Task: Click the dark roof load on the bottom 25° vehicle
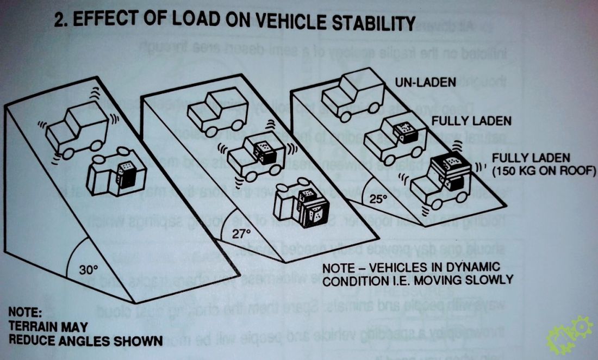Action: [x=449, y=164]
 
